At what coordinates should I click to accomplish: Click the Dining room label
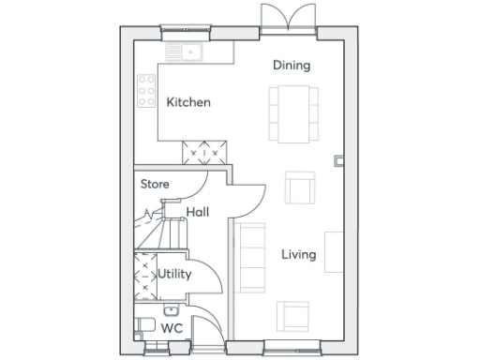pos(292,65)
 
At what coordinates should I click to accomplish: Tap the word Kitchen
pos(188,102)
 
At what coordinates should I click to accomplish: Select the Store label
pos(155,184)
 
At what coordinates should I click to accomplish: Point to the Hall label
pos(197,213)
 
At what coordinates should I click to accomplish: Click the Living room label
pos(299,254)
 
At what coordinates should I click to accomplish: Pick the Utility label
pos(174,275)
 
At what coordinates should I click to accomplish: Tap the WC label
pos(172,328)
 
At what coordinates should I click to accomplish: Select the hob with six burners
pos(147,92)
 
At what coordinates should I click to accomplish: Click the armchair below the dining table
pos(299,188)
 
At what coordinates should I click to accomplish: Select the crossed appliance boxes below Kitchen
pos(205,150)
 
